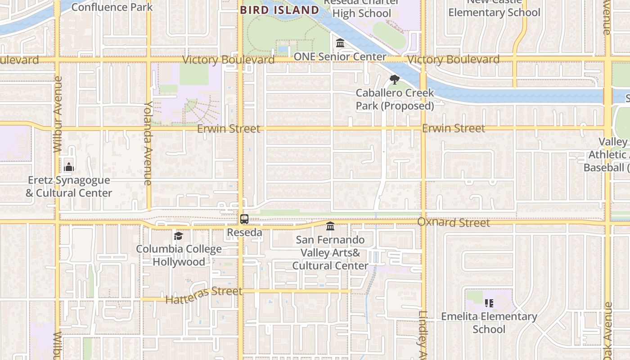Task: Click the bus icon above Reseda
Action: coord(244,219)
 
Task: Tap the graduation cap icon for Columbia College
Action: coord(179,236)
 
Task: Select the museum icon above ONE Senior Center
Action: coord(340,43)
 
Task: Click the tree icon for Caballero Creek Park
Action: coord(395,80)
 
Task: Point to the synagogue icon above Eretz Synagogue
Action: coord(68,167)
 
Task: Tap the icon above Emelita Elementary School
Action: coord(489,303)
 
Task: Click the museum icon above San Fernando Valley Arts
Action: coord(330,226)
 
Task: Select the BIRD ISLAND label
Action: coord(279,10)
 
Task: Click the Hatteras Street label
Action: coord(204,295)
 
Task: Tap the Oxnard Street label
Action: coord(454,222)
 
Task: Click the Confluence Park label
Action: coord(112,7)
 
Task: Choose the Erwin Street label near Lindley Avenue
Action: coord(454,129)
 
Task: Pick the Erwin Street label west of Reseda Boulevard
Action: coord(229,129)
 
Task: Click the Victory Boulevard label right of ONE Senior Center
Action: coord(453,59)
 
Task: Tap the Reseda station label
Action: coord(244,233)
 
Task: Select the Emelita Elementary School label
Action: coord(489,323)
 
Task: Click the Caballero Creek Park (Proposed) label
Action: coord(395,99)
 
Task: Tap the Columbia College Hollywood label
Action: coord(179,255)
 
